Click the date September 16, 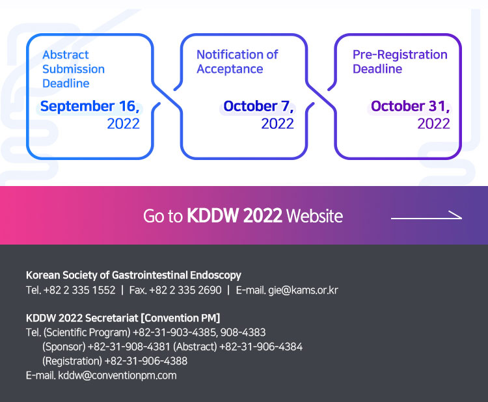pyautogui.click(x=90, y=107)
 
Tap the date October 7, pyautogui.click(x=258, y=107)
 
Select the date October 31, pyautogui.click(x=411, y=107)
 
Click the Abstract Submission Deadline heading pyautogui.click(x=74, y=69)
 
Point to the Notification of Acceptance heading pyautogui.click(x=237, y=62)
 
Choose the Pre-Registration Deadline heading pyautogui.click(x=400, y=62)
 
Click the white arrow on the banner pyautogui.click(x=426, y=216)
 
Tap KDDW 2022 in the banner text pyautogui.click(x=234, y=215)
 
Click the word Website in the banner pyautogui.click(x=314, y=216)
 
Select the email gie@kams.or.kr pyautogui.click(x=303, y=290)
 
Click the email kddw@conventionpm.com pyautogui.click(x=117, y=375)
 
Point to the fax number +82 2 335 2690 pyautogui.click(x=185, y=290)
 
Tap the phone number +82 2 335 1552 pyautogui.click(x=79, y=290)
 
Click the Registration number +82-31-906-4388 pyautogui.click(x=146, y=361)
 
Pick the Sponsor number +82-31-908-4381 pyautogui.click(x=129, y=347)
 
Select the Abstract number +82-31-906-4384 pyautogui.click(x=261, y=347)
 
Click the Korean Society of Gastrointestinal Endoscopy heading pyautogui.click(x=133, y=275)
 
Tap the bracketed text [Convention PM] pyautogui.click(x=180, y=318)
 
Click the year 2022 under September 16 pyautogui.click(x=124, y=124)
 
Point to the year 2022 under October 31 pyautogui.click(x=434, y=124)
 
